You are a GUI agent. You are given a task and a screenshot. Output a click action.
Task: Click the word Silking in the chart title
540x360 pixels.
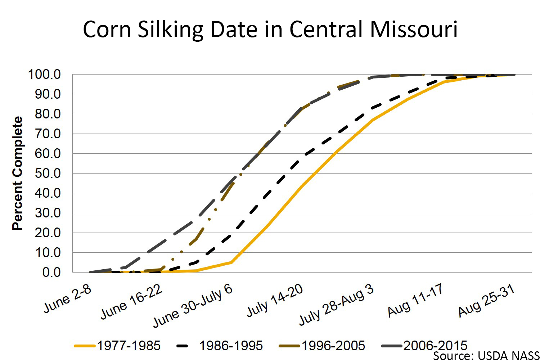coord(170,30)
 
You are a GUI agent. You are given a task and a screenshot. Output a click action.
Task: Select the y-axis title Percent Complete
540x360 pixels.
coord(17,173)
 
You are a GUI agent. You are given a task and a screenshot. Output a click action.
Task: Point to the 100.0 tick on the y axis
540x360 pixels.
coord(44,75)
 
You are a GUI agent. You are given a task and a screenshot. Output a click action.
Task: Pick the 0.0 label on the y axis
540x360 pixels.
coord(51,272)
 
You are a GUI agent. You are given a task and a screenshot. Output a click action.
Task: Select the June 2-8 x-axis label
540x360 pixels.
coord(68,299)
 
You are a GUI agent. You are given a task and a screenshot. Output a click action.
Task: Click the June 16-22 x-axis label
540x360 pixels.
coord(132,302)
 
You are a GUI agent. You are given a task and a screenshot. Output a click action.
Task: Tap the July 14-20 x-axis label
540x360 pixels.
coord(275,301)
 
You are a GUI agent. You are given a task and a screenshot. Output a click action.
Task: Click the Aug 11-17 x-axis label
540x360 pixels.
coord(415,300)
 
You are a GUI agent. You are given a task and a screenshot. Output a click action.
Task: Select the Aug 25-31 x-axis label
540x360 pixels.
coord(486,301)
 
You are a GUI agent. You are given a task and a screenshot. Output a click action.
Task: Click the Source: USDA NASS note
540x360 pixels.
coord(486,355)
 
